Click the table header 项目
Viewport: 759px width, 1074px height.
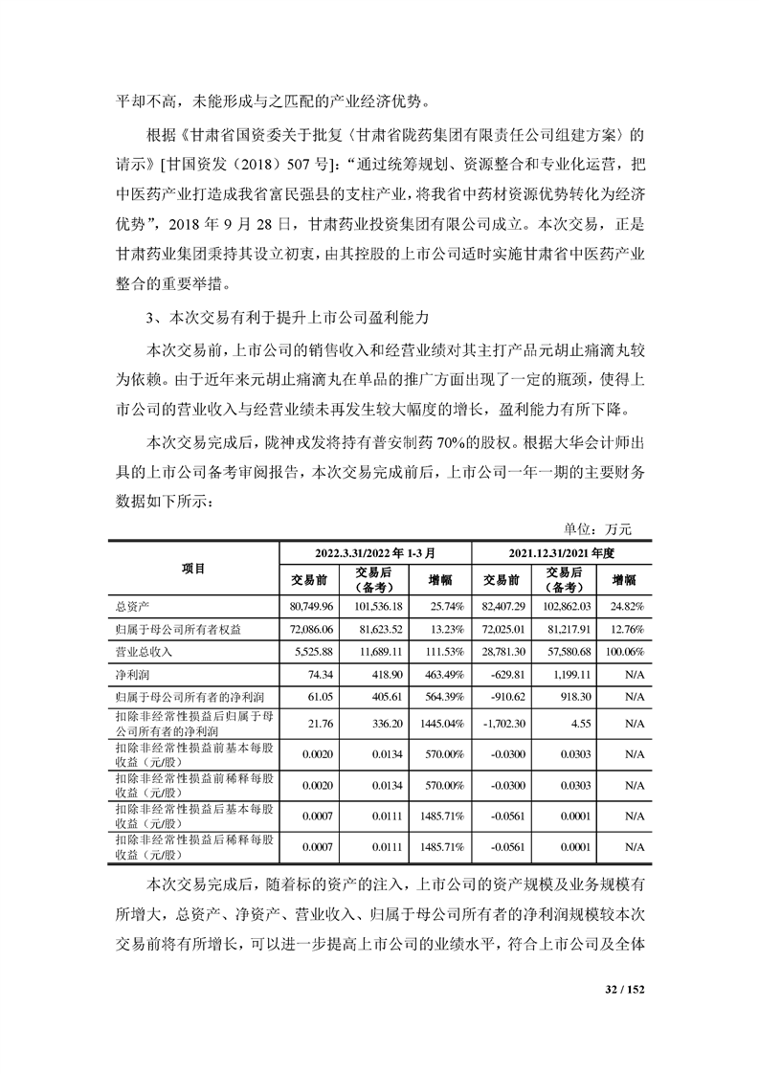click(193, 569)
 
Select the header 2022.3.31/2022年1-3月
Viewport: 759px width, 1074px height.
click(375, 553)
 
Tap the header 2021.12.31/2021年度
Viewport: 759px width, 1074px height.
click(561, 553)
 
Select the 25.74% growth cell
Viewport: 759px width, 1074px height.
click(446, 606)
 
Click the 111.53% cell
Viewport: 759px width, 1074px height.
click(444, 650)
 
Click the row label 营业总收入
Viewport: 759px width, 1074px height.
click(141, 650)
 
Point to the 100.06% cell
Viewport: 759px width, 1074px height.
click(626, 650)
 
